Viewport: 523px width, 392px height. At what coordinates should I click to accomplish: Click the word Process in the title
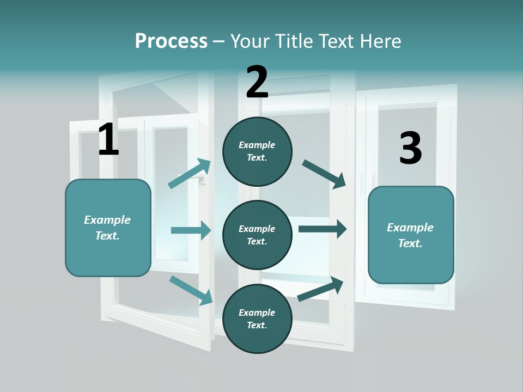171,41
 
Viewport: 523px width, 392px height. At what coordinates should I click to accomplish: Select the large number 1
108,140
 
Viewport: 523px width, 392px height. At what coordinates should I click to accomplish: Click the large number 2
257,82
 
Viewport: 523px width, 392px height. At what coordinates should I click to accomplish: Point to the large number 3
410,148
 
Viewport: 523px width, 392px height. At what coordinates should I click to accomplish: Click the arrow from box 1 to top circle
189,174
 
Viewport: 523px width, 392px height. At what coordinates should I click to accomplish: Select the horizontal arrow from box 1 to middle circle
191,230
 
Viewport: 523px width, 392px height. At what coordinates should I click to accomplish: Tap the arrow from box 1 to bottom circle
191,290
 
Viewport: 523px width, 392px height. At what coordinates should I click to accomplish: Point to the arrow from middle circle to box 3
322,229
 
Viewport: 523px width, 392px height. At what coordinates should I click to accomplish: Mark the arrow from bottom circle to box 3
320,289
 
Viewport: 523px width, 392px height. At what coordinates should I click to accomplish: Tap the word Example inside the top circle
257,145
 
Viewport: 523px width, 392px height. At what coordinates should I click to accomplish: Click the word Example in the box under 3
410,228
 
